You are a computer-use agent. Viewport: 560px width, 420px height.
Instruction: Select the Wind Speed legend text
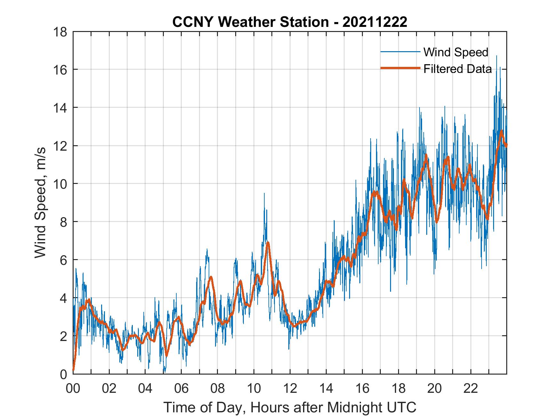[456, 52]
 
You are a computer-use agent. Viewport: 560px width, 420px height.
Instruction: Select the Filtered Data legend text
[458, 69]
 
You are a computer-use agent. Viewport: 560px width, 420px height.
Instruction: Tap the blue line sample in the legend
[400, 52]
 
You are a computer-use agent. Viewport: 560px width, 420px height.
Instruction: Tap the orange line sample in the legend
[400, 68]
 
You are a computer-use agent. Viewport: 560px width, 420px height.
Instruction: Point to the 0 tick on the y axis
[64, 374]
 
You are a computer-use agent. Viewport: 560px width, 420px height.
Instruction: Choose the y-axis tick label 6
[64, 260]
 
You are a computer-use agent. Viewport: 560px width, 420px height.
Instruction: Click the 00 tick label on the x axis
[73, 388]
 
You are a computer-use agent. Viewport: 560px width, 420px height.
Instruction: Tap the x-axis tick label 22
[471, 388]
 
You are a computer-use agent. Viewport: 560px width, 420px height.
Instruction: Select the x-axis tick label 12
[290, 388]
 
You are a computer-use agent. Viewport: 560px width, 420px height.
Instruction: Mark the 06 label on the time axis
[181, 388]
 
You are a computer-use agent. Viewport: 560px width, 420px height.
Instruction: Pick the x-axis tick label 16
[362, 388]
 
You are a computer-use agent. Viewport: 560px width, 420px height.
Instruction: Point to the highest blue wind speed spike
[496, 56]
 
